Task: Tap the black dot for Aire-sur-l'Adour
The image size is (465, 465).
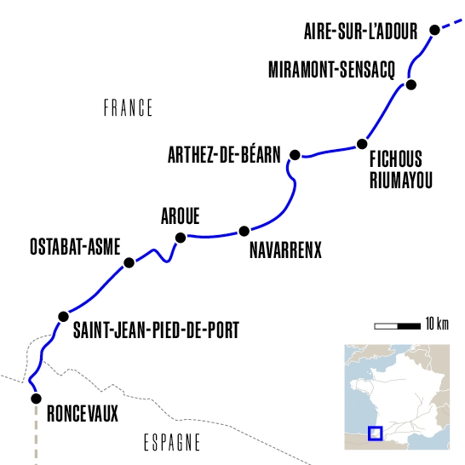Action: (x=434, y=30)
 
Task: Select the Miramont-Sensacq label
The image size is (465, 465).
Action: (x=331, y=68)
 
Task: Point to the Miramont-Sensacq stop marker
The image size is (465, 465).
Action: (x=410, y=84)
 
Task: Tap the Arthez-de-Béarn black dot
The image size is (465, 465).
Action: (x=295, y=154)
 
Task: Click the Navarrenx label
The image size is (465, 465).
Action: (x=285, y=251)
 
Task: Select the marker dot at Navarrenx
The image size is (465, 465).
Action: (x=244, y=231)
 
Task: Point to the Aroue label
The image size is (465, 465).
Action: (x=181, y=216)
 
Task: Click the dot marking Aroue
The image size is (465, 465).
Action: (x=180, y=238)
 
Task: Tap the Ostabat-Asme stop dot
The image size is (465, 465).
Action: (x=129, y=263)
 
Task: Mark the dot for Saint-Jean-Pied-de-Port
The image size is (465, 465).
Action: (x=62, y=317)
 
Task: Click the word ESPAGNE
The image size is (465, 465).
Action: (x=168, y=443)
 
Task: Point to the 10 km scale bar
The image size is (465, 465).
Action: (x=397, y=325)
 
